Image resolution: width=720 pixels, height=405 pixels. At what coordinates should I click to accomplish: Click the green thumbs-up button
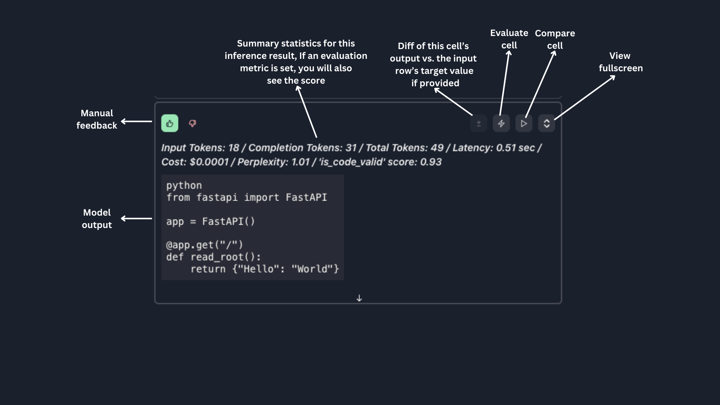(x=169, y=123)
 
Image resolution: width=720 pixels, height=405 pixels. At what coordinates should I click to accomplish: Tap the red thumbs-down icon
(x=192, y=123)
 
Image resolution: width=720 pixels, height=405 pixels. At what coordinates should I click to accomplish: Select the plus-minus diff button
(x=478, y=123)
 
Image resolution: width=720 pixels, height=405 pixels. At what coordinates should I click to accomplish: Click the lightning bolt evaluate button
(x=501, y=123)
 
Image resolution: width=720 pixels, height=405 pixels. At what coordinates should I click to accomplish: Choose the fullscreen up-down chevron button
(x=546, y=123)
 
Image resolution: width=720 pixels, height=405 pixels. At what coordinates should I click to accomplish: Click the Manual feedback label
(x=97, y=119)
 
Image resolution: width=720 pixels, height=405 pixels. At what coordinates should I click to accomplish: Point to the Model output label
(x=97, y=219)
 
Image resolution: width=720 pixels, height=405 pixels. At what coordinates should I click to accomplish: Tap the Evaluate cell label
(x=509, y=39)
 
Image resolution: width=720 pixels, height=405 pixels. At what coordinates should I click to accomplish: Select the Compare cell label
(x=555, y=39)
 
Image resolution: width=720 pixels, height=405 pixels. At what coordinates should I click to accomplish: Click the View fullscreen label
(x=620, y=62)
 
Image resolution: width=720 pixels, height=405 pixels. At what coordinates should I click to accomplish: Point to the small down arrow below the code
(x=359, y=298)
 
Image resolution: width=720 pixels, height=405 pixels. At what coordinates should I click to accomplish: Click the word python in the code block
(x=184, y=186)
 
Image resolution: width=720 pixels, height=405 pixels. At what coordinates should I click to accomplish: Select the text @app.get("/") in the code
(x=204, y=245)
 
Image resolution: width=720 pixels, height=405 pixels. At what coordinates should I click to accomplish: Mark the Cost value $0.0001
(x=209, y=162)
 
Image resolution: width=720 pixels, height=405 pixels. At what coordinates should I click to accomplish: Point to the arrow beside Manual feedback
(x=136, y=121)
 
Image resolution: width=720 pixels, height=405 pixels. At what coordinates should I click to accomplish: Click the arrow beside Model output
(x=136, y=218)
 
